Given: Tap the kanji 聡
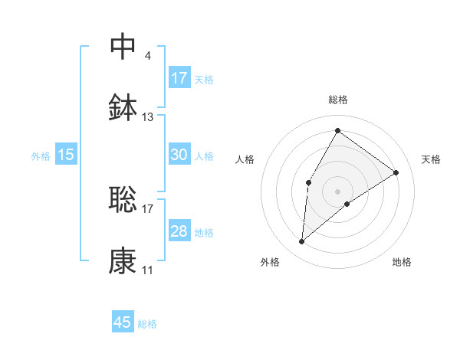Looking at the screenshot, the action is [x=123, y=200].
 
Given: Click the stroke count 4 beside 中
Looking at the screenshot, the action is [x=147, y=56].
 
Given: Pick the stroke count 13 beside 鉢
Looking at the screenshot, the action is [x=148, y=117].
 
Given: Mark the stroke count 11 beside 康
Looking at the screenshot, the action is [x=148, y=270].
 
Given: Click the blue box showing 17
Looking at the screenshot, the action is [x=179, y=78].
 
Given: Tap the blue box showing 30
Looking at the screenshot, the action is [x=179, y=155].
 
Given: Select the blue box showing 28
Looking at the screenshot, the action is [x=179, y=232].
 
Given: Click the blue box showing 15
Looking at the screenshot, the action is [x=66, y=155].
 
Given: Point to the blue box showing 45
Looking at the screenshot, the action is [x=123, y=322].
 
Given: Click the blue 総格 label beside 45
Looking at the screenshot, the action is [x=147, y=324].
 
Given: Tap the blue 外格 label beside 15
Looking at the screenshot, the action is [x=41, y=156].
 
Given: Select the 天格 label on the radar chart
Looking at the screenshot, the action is [x=432, y=159].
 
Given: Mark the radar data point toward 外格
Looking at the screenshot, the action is [x=302, y=242].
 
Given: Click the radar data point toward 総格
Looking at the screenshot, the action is [x=337, y=130].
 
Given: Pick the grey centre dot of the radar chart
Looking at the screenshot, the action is [x=337, y=191].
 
